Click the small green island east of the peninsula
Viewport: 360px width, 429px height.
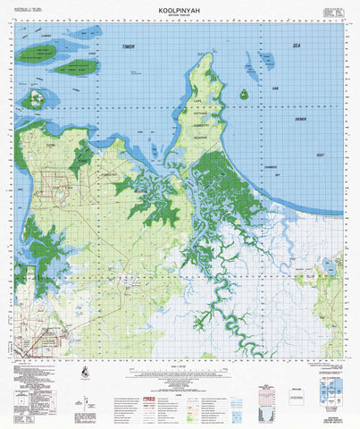coord(244,94)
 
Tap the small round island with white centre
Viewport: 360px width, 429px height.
coord(35,99)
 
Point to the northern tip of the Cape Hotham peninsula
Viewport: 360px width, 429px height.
coord(206,55)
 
